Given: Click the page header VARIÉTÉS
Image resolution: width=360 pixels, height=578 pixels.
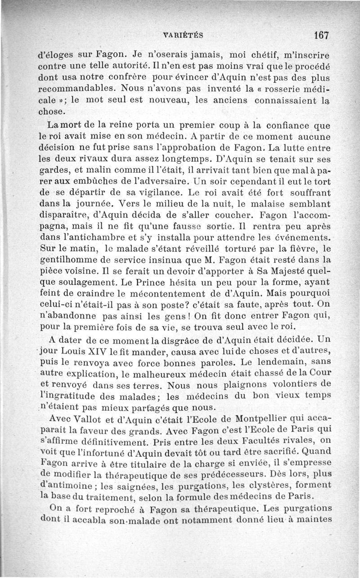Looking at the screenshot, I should pyautogui.click(x=184, y=35).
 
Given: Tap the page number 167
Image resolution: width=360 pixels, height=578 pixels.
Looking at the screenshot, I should pyautogui.click(x=322, y=35).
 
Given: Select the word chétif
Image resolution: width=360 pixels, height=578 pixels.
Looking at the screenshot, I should pyautogui.click(x=255, y=56).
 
